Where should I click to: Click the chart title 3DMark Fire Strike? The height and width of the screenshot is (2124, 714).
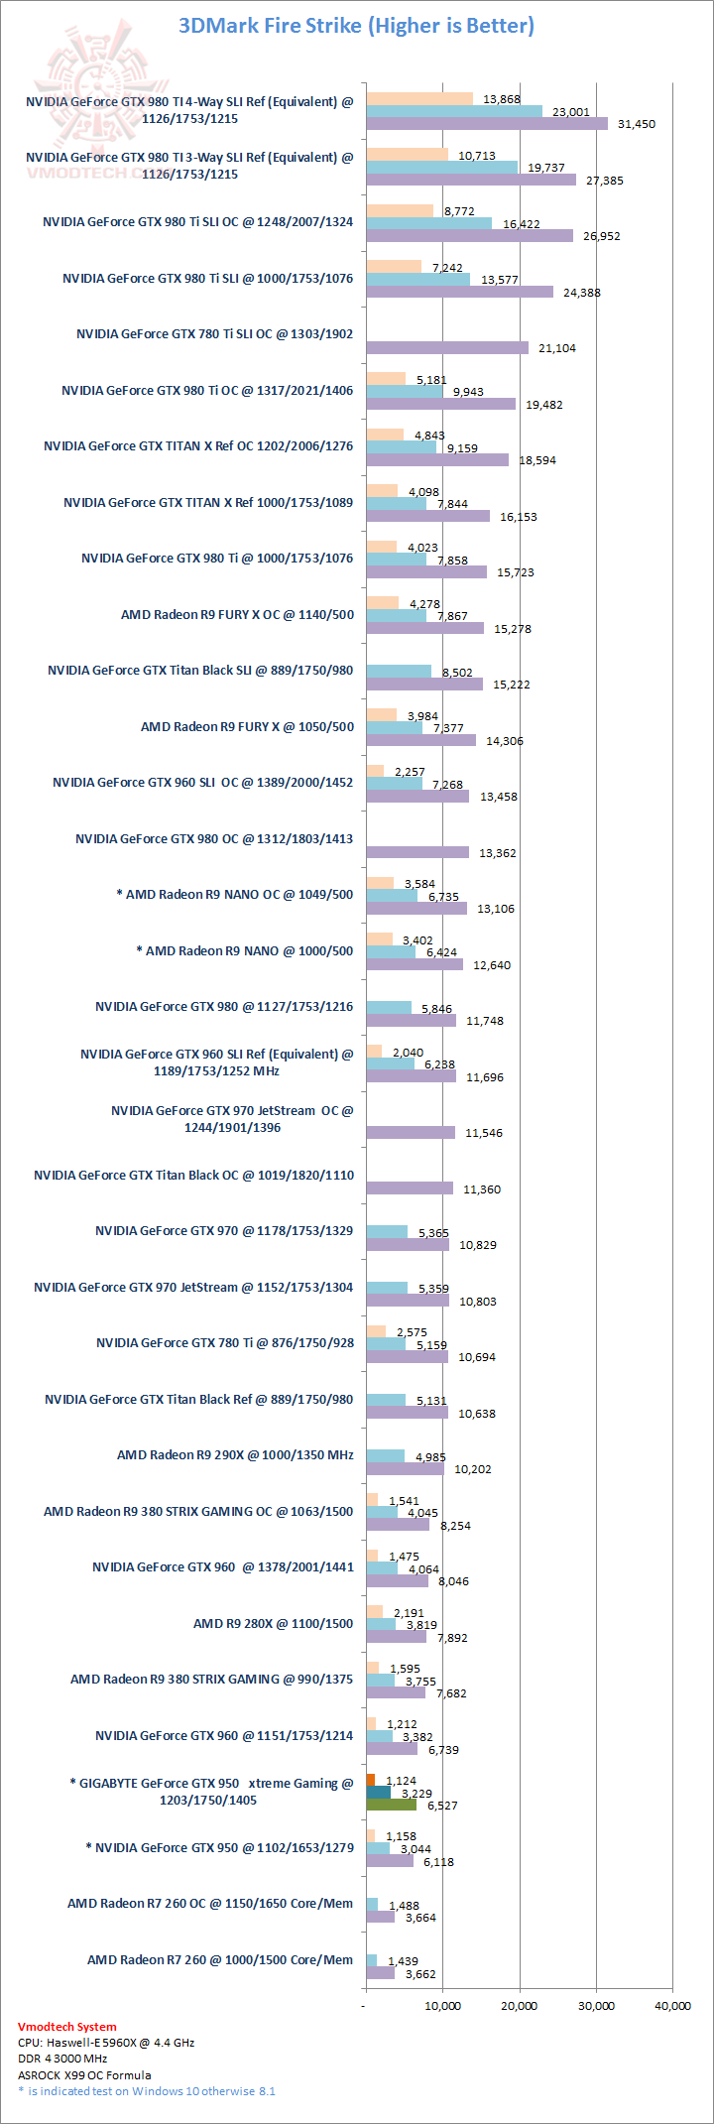[x=356, y=26]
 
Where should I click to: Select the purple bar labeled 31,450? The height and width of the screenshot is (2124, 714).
[x=486, y=124]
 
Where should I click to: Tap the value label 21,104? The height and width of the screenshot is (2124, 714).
[x=556, y=348]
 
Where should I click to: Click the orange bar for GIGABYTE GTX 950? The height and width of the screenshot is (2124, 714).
[x=370, y=1780]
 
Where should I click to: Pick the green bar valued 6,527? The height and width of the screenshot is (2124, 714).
[x=391, y=1805]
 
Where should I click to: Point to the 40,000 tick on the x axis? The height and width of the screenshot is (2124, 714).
[x=672, y=2005]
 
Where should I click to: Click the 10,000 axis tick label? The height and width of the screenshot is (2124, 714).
[x=442, y=2005]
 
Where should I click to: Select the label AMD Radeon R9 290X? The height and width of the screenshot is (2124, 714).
[x=235, y=1454]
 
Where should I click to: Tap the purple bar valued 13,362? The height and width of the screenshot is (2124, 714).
[x=416, y=852]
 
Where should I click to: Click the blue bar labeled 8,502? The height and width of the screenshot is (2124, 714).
[x=399, y=671]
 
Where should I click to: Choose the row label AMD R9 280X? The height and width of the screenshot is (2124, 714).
[x=273, y=1623]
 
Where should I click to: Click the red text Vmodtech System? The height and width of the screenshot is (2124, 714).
[x=67, y=2027]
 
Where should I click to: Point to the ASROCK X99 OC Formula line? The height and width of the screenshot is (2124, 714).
[x=84, y=2074]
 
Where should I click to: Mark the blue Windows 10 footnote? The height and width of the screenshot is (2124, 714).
[x=147, y=2091]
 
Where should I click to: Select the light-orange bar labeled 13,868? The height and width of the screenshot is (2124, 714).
[x=419, y=98]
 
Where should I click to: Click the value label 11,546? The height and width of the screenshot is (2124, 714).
[x=483, y=1133]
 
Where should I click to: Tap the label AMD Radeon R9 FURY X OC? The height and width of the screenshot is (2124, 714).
[x=237, y=614]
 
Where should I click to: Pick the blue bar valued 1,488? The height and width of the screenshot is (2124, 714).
[x=372, y=1904]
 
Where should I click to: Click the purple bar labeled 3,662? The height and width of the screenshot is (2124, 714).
[x=380, y=1973]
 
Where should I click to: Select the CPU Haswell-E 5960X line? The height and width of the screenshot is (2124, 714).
[x=106, y=2043]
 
